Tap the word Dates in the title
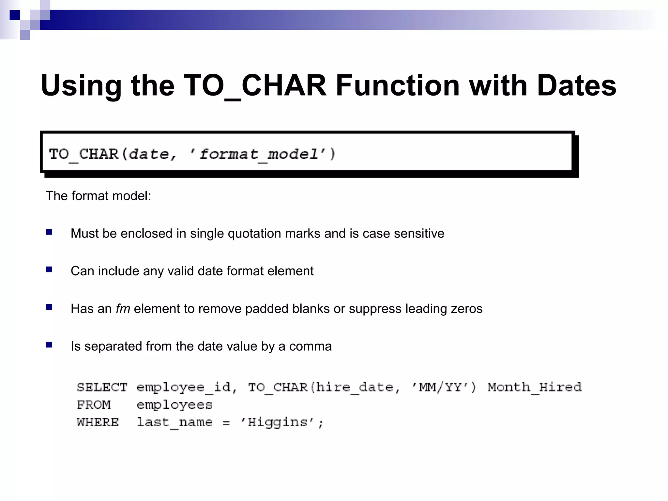click(576, 85)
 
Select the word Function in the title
click(398, 85)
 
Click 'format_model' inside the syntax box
click(258, 154)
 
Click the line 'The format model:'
click(98, 196)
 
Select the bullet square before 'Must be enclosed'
click(49, 232)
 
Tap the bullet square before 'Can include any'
click(49, 270)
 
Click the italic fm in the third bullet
click(123, 309)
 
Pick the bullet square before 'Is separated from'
click(49, 345)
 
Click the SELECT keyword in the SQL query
click(102, 387)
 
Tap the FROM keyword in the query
click(94, 405)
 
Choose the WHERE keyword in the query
click(98, 422)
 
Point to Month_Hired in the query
click(534, 387)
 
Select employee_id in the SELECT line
click(183, 387)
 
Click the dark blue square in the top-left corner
click(15, 15)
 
